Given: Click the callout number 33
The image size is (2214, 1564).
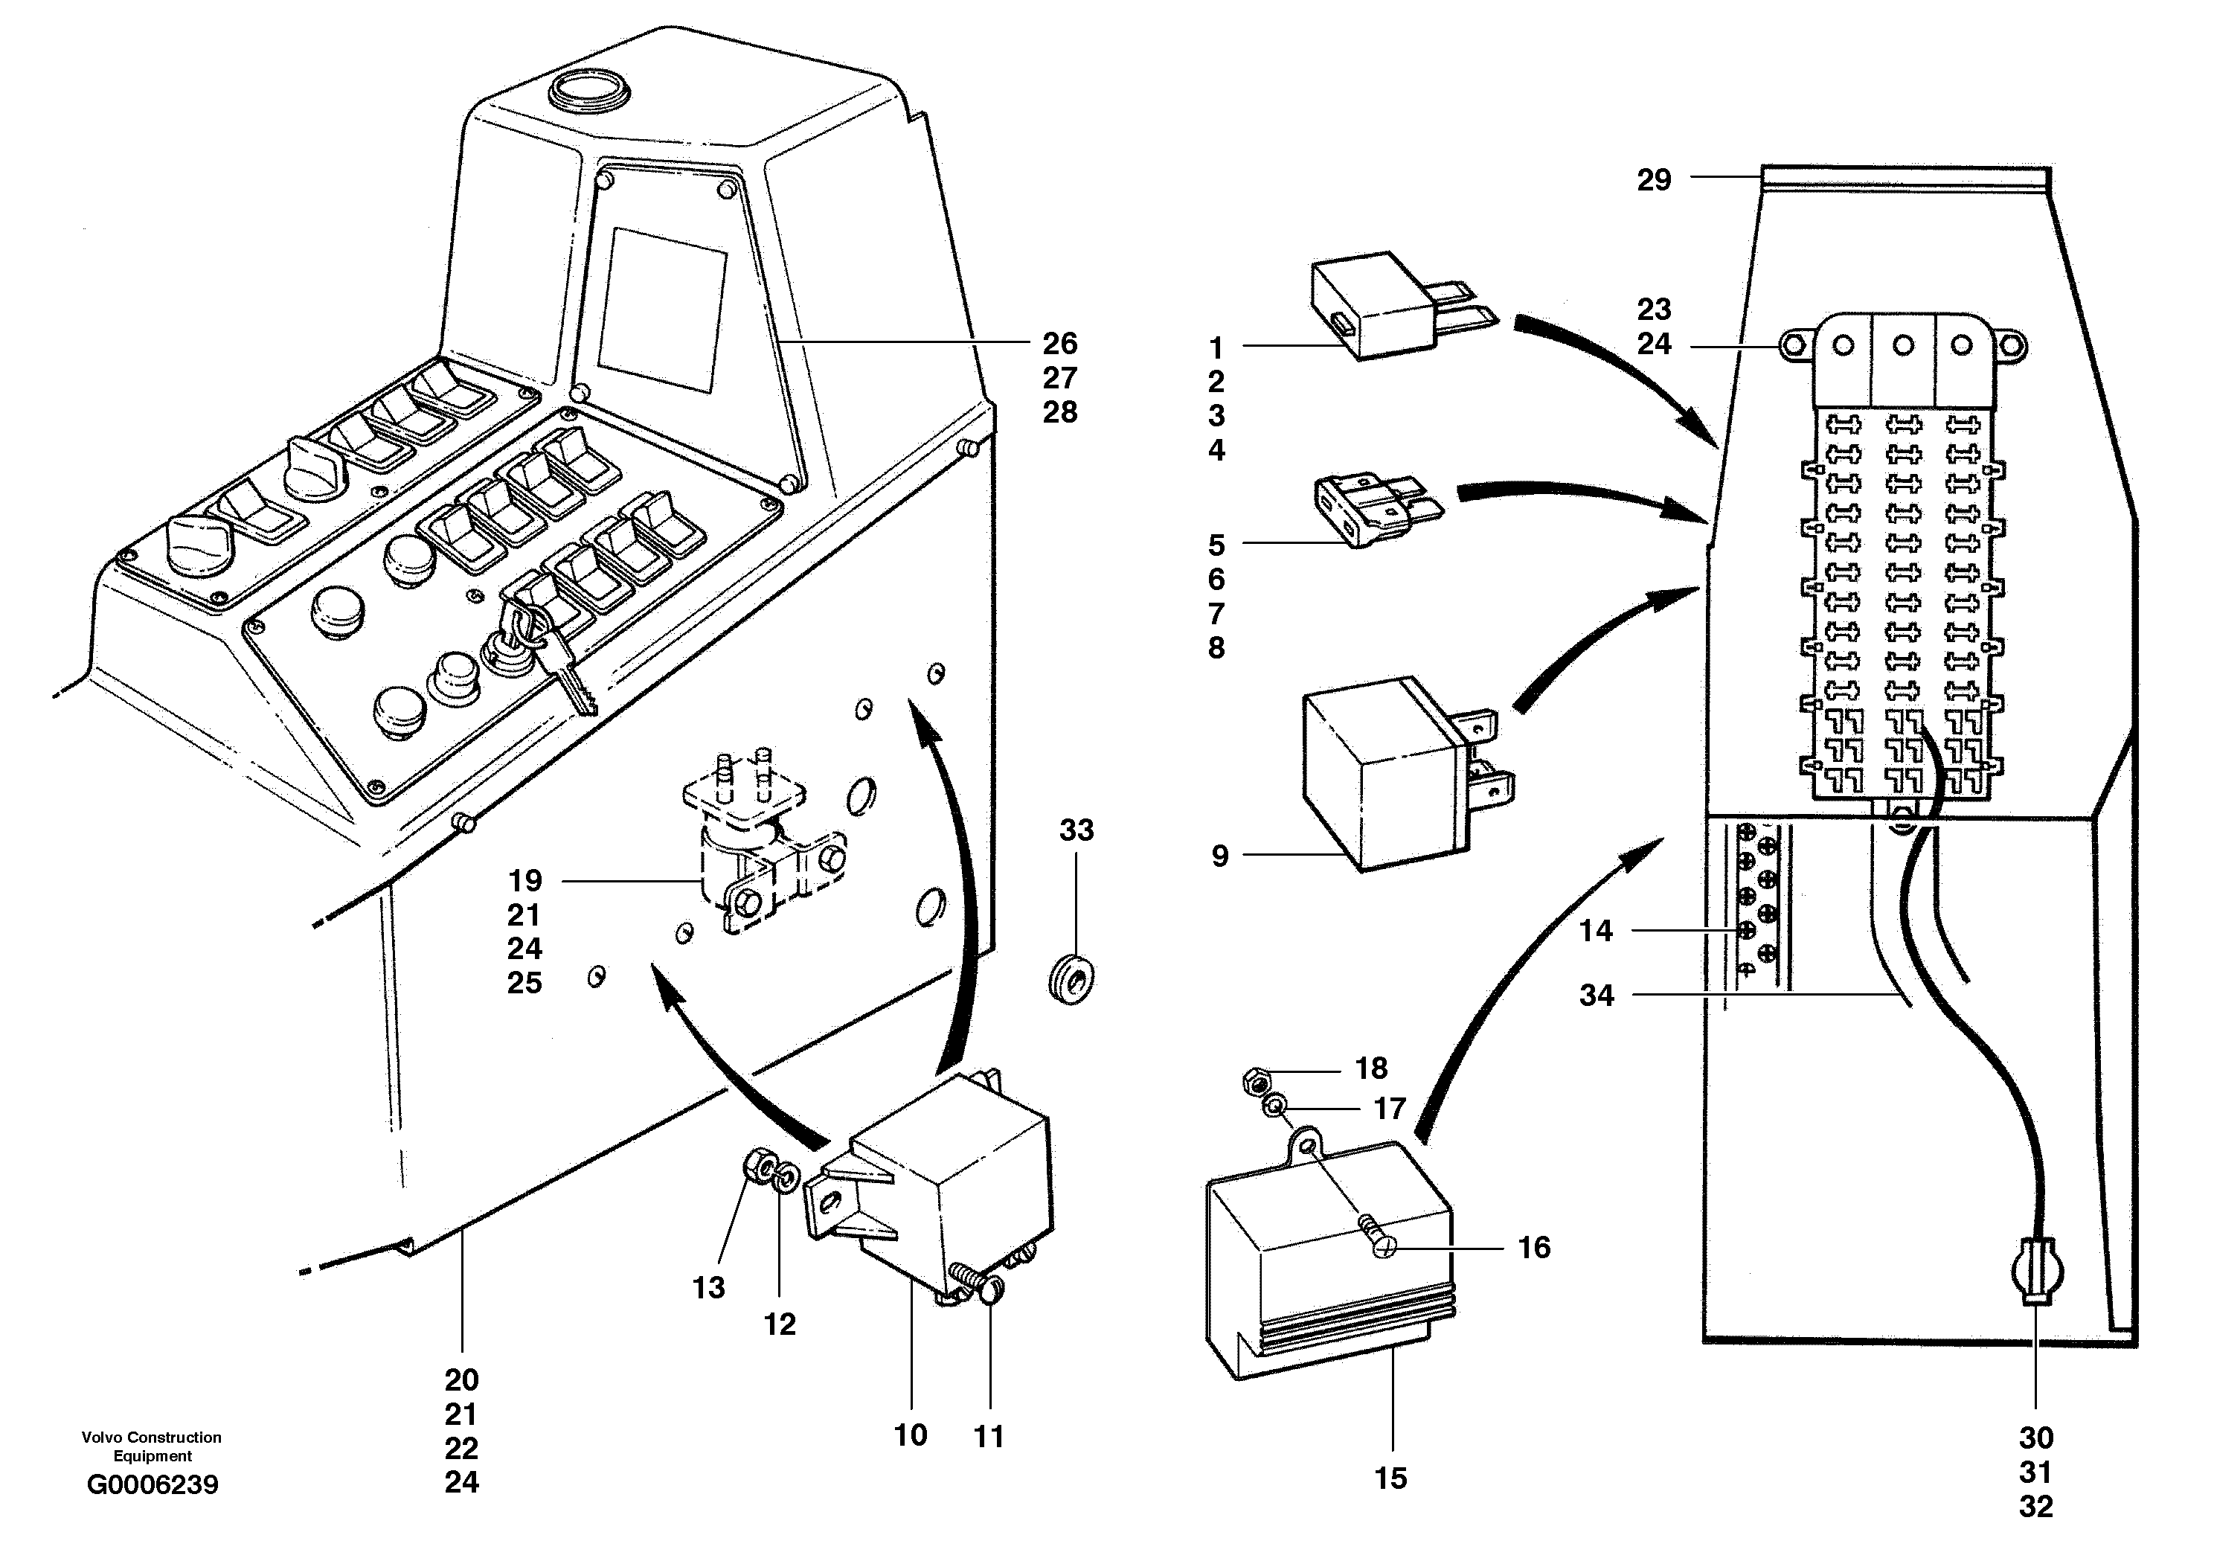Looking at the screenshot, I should click(x=1076, y=830).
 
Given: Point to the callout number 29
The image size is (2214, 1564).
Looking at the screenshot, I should click(x=1654, y=179).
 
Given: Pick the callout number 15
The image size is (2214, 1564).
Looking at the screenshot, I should click(x=1390, y=1478).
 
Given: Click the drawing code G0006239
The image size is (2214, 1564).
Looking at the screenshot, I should click(x=153, y=1485).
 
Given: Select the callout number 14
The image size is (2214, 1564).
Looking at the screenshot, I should click(x=1596, y=931).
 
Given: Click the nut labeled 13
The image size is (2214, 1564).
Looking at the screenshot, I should click(x=758, y=1170).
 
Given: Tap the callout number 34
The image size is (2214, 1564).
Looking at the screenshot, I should click(x=1596, y=995).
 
